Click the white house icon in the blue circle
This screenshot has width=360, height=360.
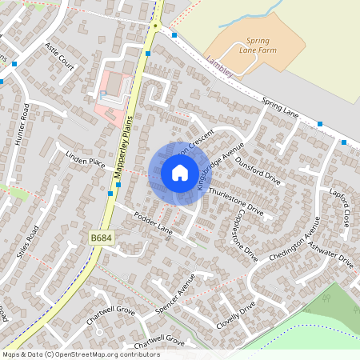click(x=180, y=173)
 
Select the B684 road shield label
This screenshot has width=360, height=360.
click(x=100, y=238)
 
